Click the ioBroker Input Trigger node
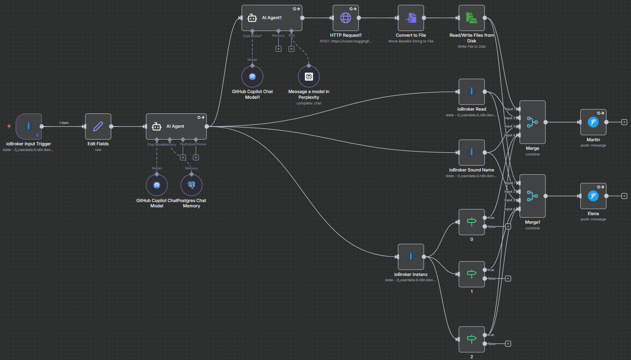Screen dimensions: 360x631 pos(29,126)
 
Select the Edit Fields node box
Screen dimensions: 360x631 pos(98,126)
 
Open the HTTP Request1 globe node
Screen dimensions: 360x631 pos(346,18)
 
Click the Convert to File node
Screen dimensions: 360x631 pos(411,18)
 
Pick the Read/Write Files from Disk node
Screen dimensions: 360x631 pos(471,18)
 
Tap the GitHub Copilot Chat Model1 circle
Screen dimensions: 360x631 pos(252,77)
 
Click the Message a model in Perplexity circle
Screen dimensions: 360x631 pos(309,77)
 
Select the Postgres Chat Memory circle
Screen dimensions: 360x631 pos(191,185)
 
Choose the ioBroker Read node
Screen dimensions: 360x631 pos(471,91)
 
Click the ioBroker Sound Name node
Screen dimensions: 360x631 pos(471,153)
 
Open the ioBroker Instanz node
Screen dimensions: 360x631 pos(411,257)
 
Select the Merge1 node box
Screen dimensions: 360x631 pos(532,196)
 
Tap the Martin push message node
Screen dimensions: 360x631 pos(593,122)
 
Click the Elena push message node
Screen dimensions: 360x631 pos(593,196)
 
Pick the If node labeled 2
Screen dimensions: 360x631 pos(471,339)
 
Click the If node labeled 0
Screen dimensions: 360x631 pos(471,222)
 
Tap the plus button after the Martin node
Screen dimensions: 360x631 pos(624,122)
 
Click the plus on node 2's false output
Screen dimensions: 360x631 pos(508,344)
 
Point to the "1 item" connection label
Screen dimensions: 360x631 pos(64,123)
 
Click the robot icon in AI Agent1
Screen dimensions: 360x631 pos(252,18)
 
